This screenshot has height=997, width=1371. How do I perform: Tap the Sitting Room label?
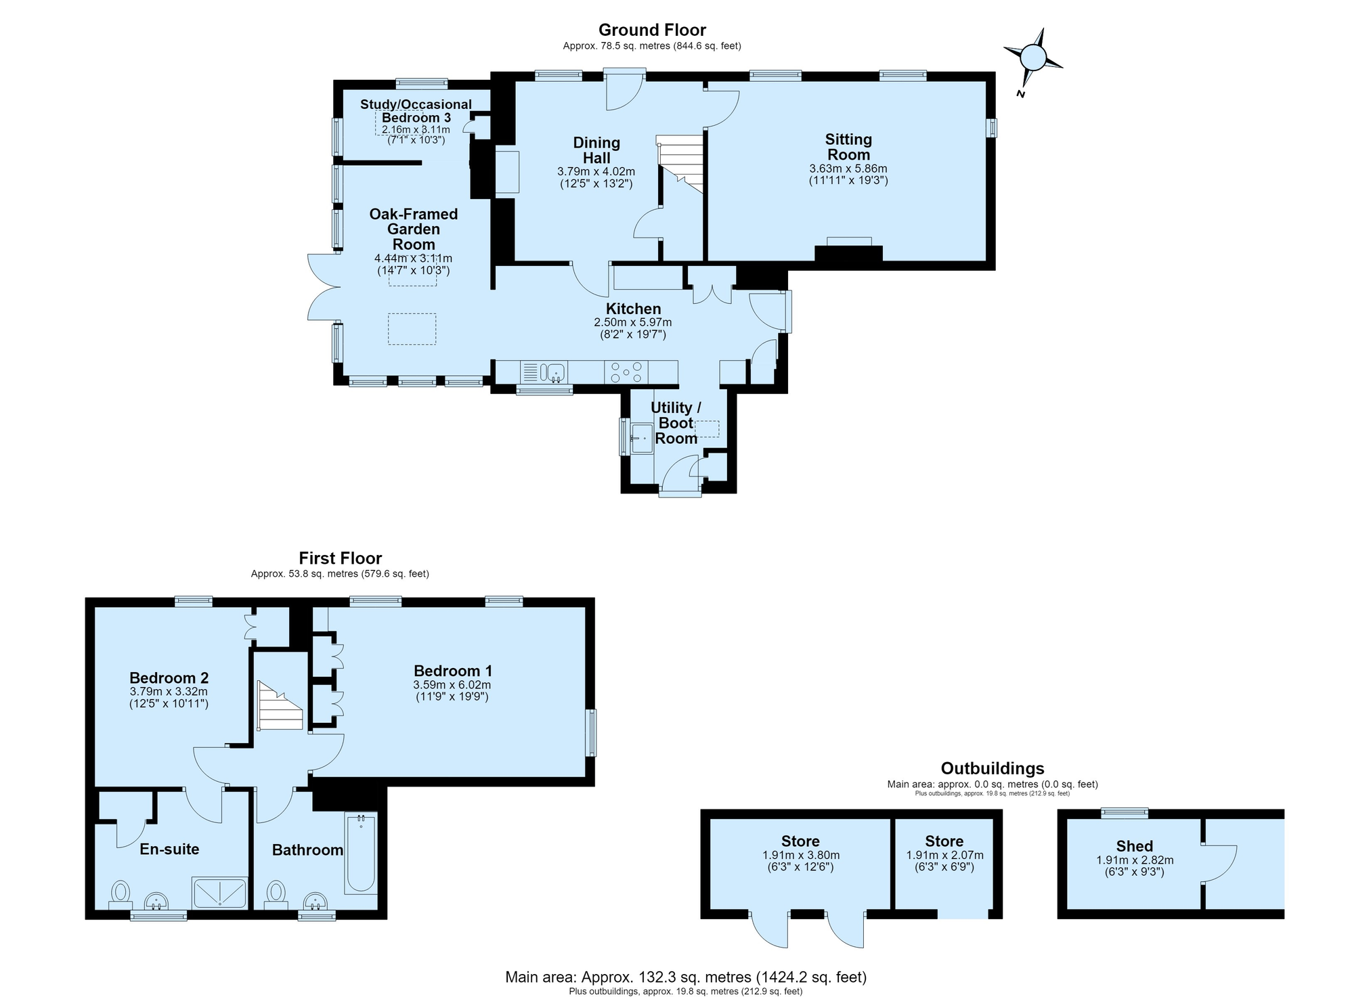848,147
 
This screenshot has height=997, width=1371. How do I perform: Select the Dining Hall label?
596,150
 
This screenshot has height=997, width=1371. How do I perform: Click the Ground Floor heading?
652,30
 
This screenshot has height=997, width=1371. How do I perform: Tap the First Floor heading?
341,558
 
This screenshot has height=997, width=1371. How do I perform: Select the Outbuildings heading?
993,768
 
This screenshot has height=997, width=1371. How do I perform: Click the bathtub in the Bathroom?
361,853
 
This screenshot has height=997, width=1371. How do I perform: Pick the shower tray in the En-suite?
220,893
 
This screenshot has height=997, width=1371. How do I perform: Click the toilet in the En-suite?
121,894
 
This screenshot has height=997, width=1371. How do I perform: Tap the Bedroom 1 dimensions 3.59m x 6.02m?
452,685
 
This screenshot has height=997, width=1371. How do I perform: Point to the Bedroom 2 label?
169,678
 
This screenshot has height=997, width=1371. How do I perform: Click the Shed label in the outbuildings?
1135,846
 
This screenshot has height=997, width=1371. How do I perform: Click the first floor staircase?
280,705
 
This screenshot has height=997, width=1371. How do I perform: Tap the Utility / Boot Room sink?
641,438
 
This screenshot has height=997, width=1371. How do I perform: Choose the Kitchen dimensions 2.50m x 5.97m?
633,322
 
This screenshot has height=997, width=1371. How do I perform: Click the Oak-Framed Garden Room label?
414,229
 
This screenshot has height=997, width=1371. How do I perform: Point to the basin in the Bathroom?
315,902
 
